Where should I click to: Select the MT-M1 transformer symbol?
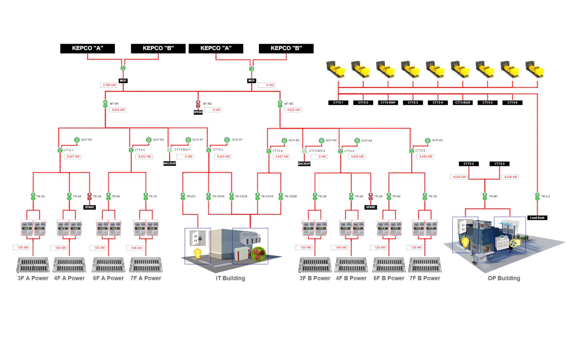(106, 104)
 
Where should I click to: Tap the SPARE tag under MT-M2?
(198, 112)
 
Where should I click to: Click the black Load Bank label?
(537, 218)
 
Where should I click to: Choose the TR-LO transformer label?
(545, 196)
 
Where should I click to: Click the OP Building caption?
(504, 278)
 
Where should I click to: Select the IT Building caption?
(230, 278)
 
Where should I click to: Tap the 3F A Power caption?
(33, 278)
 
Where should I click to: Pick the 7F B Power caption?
(425, 278)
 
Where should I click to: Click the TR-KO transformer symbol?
(183, 196)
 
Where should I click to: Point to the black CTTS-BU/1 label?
(388, 103)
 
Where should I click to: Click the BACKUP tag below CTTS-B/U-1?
(170, 164)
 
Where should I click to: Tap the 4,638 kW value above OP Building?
(510, 177)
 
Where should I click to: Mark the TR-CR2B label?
(290, 196)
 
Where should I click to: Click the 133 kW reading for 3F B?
(306, 248)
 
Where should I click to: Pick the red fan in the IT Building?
(258, 254)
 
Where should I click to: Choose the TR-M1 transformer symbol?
(485, 196)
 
